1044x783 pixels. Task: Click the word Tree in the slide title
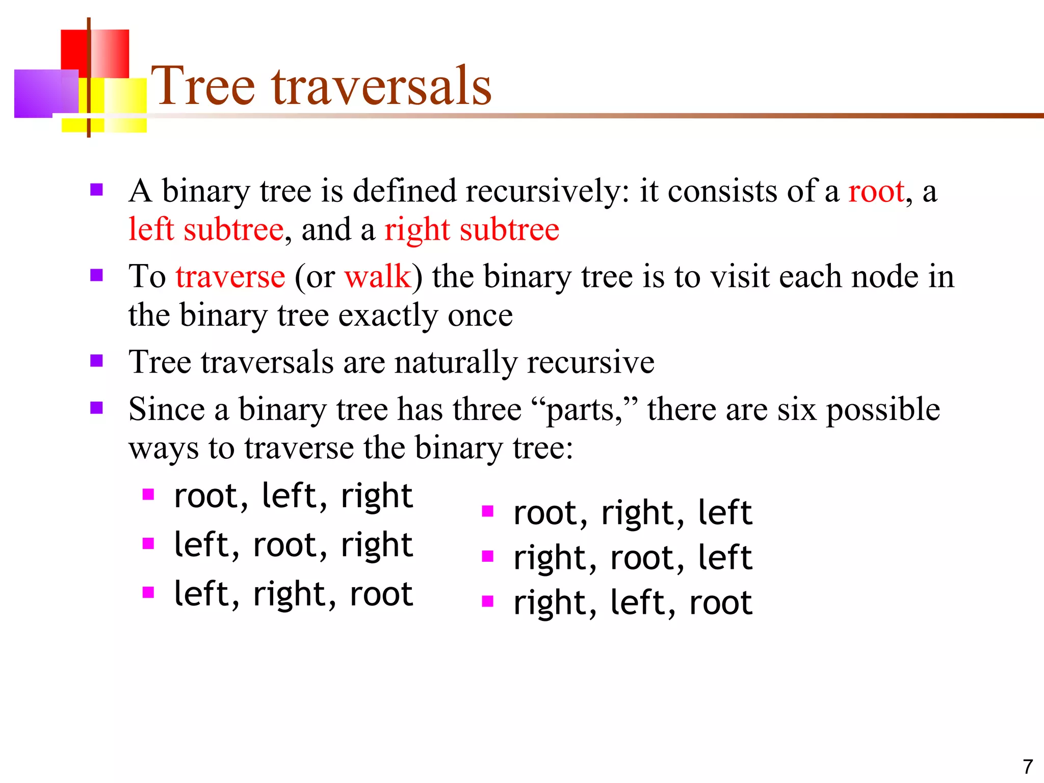203,87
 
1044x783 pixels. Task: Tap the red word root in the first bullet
876,193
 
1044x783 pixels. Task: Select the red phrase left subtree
206,230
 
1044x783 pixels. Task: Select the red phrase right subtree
472,230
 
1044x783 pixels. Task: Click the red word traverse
230,277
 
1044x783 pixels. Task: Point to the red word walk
378,277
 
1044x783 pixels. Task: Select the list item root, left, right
293,496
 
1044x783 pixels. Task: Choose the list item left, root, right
293,545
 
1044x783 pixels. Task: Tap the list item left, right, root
293,594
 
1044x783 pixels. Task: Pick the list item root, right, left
633,513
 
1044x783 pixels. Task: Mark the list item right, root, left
633,558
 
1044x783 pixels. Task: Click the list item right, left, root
633,603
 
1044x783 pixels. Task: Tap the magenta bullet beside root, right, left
488,511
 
